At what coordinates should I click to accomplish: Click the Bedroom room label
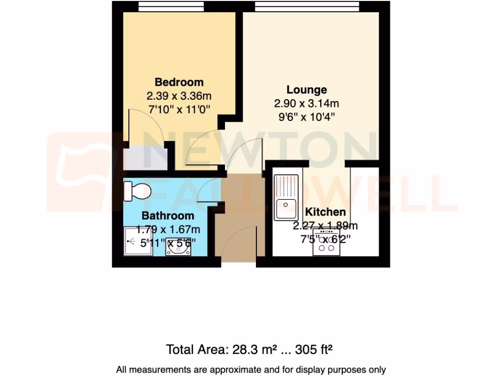click(x=179, y=82)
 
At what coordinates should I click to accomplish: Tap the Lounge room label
click(x=306, y=90)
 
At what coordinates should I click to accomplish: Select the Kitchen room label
click(x=326, y=212)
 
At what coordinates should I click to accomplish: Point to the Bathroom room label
click(x=168, y=215)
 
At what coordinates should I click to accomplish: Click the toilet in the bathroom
click(x=136, y=190)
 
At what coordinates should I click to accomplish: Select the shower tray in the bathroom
click(x=138, y=241)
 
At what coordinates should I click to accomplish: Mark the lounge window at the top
click(x=307, y=6)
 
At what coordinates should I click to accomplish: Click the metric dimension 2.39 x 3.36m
click(x=179, y=96)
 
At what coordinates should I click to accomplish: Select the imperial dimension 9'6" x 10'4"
click(x=306, y=117)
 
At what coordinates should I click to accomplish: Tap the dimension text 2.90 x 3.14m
click(x=306, y=104)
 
